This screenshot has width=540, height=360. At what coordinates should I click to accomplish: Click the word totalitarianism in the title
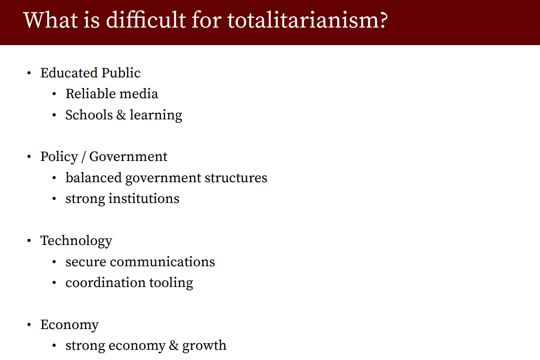coord(303,20)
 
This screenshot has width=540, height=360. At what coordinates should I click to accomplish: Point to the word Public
coord(121,73)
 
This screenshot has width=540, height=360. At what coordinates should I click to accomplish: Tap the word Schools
coord(89,115)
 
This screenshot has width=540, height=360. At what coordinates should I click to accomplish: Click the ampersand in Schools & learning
coord(121,115)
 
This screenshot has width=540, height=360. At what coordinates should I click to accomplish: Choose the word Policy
coord(59,157)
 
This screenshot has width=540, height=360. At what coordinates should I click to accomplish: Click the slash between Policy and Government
coord(83,157)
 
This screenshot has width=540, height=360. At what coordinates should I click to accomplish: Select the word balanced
coord(93,178)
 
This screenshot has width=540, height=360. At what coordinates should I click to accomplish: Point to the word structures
coord(236,178)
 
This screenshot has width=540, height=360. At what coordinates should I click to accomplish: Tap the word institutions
coord(144,199)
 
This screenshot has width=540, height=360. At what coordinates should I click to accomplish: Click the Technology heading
coord(76,241)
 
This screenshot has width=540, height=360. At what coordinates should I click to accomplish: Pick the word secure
coord(86,262)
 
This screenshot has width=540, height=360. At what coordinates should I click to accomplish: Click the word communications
coord(162,262)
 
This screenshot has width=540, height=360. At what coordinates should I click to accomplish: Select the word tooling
coord(171,283)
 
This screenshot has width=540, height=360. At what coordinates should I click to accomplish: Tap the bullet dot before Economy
coord(29,325)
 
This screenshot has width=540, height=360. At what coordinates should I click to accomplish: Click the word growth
coord(204,346)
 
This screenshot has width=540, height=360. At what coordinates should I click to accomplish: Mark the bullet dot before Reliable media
coord(54,94)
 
